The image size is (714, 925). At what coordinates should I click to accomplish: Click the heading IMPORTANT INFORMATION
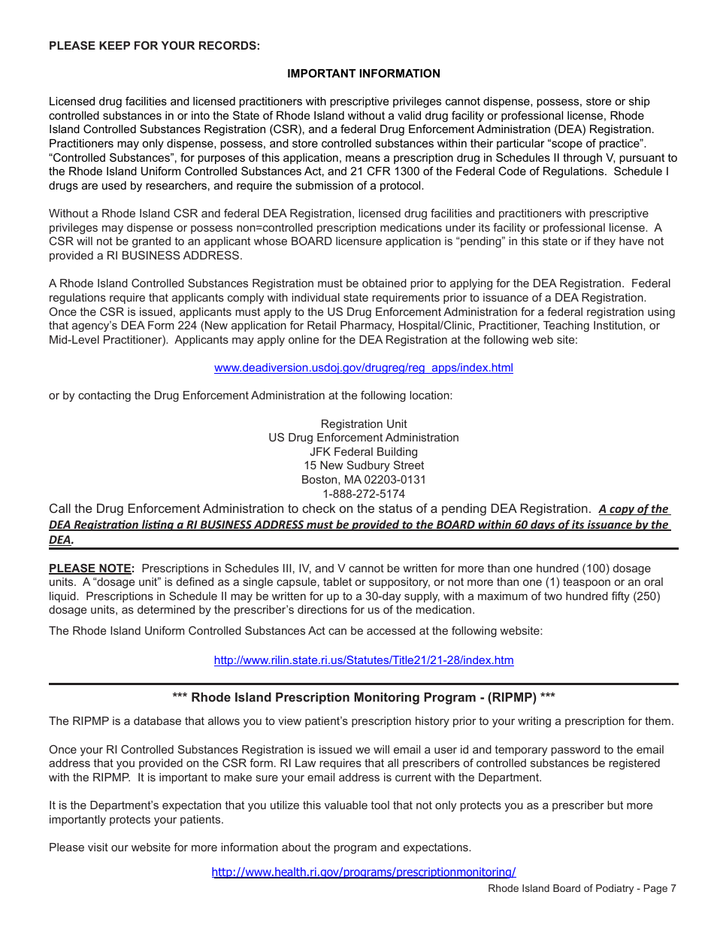coord(363,74)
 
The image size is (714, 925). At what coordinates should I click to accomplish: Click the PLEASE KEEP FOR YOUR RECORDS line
coord(154,46)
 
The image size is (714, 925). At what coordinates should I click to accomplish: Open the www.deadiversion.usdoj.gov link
coord(363,368)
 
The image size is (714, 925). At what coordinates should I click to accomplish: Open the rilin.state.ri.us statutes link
coord(363,660)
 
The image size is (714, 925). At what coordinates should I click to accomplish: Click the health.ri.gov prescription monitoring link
coord(363,872)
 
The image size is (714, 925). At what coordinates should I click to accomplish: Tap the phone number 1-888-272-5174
coord(363,494)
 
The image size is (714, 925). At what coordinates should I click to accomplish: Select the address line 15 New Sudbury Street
coord(363,466)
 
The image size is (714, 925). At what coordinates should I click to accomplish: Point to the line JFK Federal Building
coord(363,452)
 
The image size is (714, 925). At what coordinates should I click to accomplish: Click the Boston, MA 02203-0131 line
coord(363,480)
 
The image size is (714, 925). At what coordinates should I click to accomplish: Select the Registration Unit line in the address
coord(363,424)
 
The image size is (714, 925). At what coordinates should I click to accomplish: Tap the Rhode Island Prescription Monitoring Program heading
coord(363,697)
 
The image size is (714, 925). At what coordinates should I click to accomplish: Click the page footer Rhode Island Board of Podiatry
coord(582,889)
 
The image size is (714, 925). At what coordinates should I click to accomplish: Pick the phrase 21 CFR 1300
coord(336,171)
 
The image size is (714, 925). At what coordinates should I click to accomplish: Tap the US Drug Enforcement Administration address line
coord(363,438)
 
